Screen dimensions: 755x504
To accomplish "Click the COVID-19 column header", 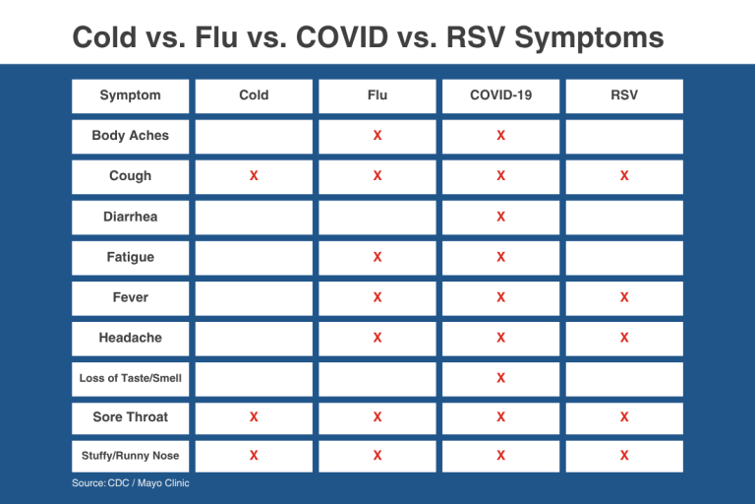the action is click(500, 95).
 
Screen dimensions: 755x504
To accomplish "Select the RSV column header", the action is click(624, 95).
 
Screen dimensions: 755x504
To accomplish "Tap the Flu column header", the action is click(377, 95).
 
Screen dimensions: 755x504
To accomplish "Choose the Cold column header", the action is click(254, 95).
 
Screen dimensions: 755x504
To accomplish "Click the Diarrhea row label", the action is click(130, 217).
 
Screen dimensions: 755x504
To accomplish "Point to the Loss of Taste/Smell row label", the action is click(130, 378).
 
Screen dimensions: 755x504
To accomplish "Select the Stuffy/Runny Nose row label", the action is click(130, 456).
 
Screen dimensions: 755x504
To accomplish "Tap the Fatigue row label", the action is click(130, 257).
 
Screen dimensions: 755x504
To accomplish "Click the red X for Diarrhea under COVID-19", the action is click(500, 217).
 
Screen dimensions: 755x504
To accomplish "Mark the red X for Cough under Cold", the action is click(254, 175).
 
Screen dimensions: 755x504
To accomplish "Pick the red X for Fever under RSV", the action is click(624, 297).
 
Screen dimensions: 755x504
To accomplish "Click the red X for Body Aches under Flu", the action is click(377, 136).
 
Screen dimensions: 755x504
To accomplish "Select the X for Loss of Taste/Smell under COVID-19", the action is click(500, 378).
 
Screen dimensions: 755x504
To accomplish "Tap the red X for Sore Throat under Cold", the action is click(254, 416).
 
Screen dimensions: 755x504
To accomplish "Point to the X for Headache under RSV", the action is click(624, 338).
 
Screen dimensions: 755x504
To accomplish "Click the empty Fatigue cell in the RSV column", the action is click(624, 259).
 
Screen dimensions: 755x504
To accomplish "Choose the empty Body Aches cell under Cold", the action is click(254, 137).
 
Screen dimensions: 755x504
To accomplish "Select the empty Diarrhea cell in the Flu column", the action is click(377, 218).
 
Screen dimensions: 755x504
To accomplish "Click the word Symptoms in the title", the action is click(590, 38).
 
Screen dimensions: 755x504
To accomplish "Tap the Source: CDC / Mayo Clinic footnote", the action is click(131, 482).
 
